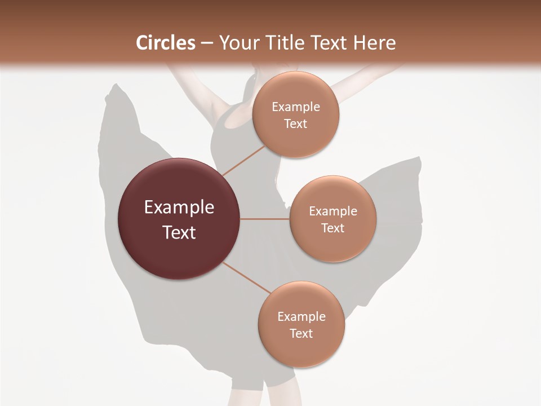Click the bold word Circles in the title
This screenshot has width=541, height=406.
click(x=165, y=43)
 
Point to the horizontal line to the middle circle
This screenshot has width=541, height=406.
click(x=264, y=219)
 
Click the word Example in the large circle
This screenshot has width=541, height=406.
click(x=179, y=208)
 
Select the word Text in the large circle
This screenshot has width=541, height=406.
click(x=179, y=232)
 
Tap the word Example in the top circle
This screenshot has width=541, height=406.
click(x=296, y=107)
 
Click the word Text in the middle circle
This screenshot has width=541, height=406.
click(x=332, y=228)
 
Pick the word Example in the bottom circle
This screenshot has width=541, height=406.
click(x=301, y=316)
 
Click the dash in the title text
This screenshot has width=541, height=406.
click(x=207, y=43)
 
